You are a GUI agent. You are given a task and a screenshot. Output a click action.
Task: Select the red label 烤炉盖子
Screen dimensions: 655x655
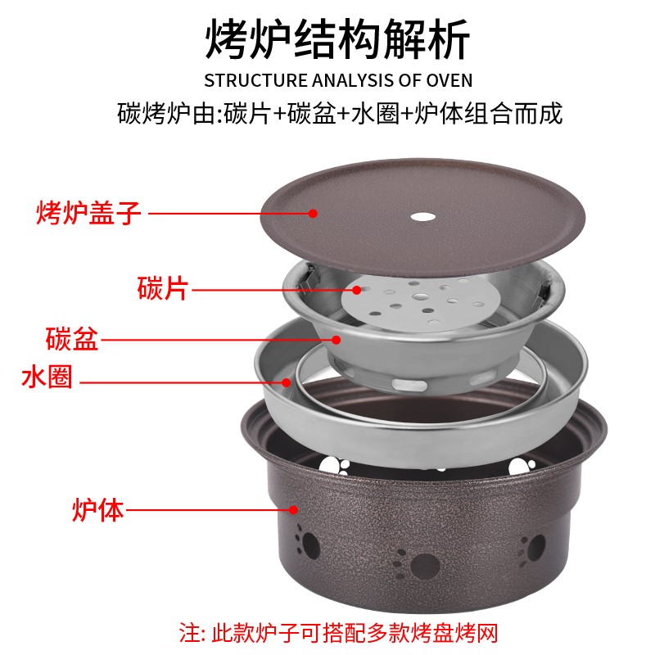pyautogui.click(x=89, y=214)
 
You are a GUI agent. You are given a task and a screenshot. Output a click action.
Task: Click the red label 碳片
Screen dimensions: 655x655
pyautogui.click(x=163, y=288)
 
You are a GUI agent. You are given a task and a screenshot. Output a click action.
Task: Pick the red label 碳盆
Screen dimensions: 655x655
pyautogui.click(x=72, y=338)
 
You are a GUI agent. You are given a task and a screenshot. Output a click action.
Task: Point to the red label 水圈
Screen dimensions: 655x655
pyautogui.click(x=47, y=377)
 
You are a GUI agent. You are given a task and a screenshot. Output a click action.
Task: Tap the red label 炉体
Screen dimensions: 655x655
pyautogui.click(x=97, y=511)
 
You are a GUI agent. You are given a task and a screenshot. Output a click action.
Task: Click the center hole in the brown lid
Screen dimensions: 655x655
pyautogui.click(x=423, y=218)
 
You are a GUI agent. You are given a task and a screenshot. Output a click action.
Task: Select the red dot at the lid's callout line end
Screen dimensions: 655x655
pyautogui.click(x=313, y=214)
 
